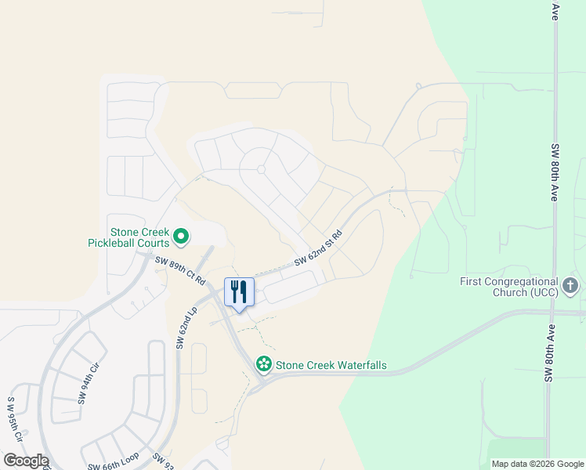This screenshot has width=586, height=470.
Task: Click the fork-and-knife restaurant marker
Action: point(240,292)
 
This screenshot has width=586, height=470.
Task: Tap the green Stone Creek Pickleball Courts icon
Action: point(181,235)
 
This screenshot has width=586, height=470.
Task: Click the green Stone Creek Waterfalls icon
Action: point(264,363)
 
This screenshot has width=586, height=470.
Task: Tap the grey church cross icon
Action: point(570,285)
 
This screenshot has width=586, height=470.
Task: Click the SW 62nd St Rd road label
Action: point(319,248)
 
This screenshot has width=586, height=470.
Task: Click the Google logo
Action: point(26,461)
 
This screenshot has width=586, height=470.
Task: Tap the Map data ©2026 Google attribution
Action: point(537,464)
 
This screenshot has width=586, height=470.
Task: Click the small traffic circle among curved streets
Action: point(262,169)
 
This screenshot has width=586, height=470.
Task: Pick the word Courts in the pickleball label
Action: point(154,244)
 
